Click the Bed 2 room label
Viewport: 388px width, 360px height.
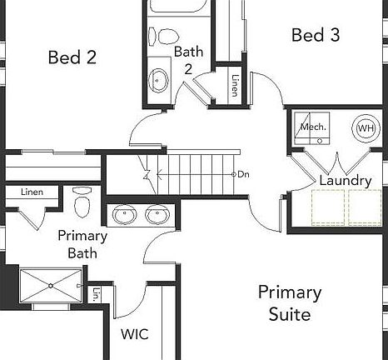point(72,57)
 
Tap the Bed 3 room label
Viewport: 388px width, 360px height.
point(316,35)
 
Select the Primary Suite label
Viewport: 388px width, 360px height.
point(289,303)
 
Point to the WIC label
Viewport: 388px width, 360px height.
point(135,334)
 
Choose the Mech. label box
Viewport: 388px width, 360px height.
point(313,127)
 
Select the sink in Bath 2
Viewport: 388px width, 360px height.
point(157,80)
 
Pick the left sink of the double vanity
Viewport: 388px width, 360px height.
point(126,216)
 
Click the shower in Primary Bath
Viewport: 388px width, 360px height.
point(49,286)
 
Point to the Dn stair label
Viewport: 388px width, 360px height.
point(243,174)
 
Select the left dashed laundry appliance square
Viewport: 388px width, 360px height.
point(327,207)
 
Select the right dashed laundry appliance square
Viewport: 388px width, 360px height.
point(366,207)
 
